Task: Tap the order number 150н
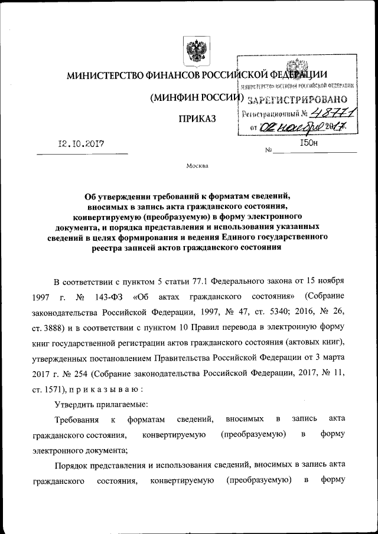[x=309, y=143]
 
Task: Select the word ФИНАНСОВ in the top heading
[x=168, y=76]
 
